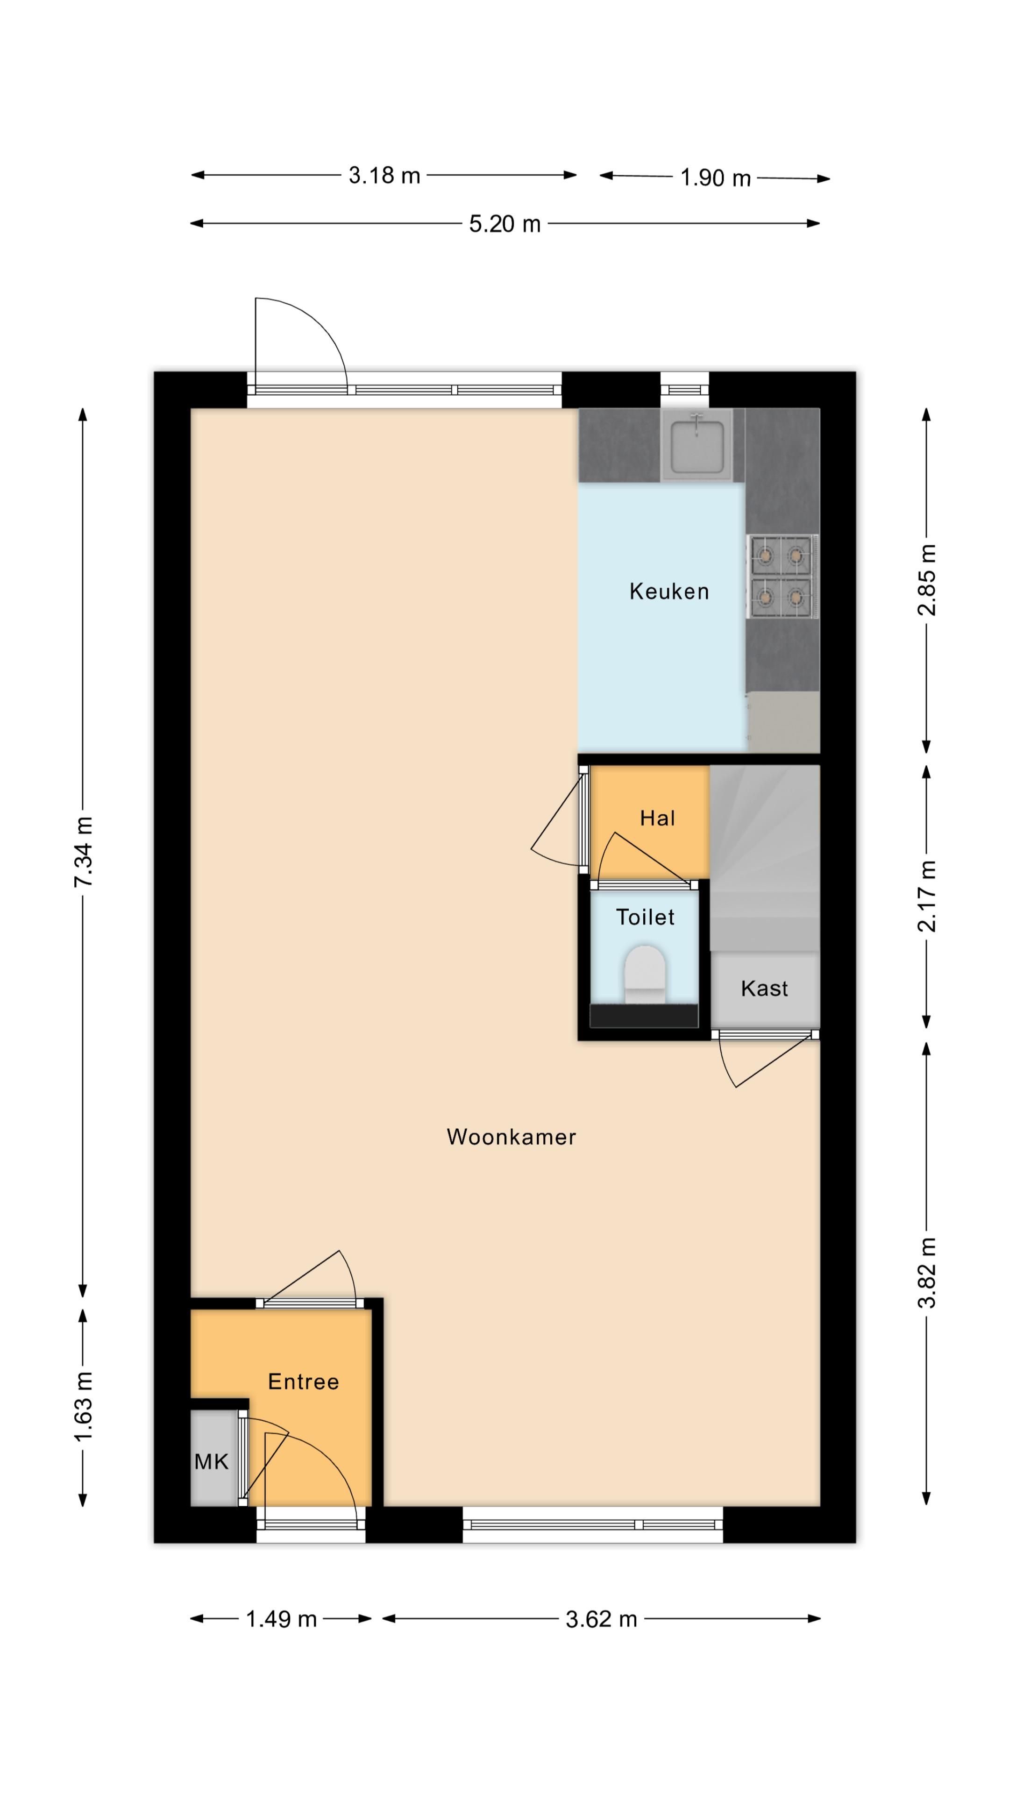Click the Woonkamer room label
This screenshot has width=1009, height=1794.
[x=511, y=1137]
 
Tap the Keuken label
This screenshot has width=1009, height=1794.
[x=668, y=591]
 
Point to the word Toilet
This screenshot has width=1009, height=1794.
[x=645, y=917]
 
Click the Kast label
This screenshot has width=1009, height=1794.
[x=764, y=988]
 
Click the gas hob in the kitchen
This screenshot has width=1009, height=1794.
[x=782, y=576]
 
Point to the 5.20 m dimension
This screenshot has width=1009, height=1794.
[x=505, y=224]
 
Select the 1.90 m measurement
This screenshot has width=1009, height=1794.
[x=715, y=178]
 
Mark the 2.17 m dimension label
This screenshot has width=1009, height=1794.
[x=927, y=897]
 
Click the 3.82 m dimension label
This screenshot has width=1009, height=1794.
[x=927, y=1274]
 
